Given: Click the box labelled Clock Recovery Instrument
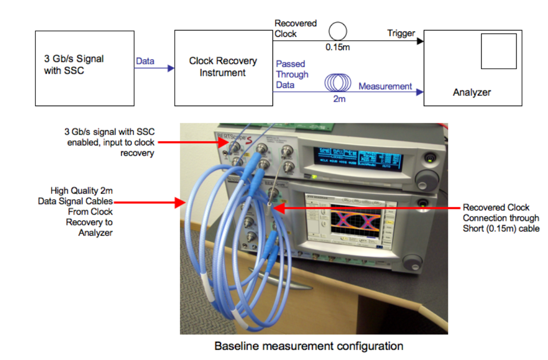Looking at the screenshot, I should [x=223, y=68].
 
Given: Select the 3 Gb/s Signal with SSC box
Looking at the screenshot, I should [x=84, y=68].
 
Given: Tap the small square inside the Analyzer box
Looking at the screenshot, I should [x=498, y=51].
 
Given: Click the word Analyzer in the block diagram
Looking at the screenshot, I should [x=471, y=92].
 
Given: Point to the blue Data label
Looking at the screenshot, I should [x=145, y=61].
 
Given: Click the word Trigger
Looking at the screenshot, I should [x=401, y=33].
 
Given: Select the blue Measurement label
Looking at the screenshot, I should [x=385, y=86].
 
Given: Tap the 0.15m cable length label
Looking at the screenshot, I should [x=338, y=48].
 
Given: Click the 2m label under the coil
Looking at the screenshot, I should [x=339, y=99].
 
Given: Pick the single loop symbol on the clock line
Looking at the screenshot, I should [x=338, y=32].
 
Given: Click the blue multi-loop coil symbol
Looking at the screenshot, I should [x=338, y=83].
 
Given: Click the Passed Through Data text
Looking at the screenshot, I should [x=292, y=74].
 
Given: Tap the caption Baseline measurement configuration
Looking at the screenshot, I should [x=308, y=346].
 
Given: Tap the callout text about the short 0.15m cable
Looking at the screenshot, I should [x=501, y=218].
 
